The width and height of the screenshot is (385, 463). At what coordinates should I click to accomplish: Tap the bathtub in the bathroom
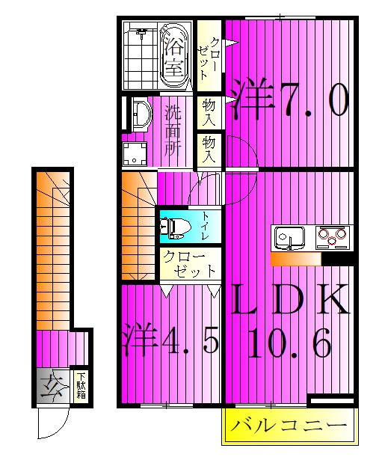174,56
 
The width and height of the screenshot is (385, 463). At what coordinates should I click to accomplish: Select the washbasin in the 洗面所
138,116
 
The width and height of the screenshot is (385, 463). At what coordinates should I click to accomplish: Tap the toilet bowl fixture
175,227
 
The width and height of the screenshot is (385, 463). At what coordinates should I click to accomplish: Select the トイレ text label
206,226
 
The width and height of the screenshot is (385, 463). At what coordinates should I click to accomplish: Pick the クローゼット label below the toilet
190,263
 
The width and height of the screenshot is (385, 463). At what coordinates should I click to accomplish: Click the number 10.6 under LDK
289,345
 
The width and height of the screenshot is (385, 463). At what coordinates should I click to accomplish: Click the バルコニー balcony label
289,427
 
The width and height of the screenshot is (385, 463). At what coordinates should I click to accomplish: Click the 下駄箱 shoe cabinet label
81,388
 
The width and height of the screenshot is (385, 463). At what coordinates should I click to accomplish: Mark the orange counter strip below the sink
295,259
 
